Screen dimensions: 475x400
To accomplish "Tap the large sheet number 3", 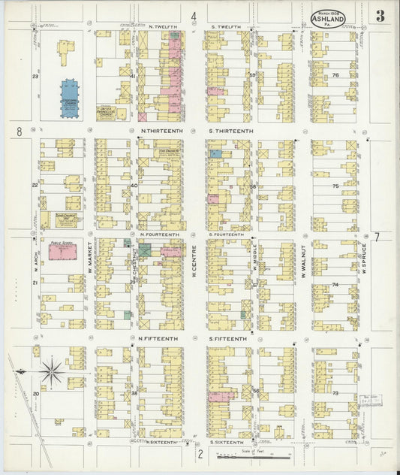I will (x=381, y=17).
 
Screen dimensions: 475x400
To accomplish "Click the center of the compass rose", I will (x=52, y=370).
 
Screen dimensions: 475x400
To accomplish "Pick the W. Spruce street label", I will (x=362, y=259).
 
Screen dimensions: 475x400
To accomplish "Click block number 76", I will (x=335, y=75).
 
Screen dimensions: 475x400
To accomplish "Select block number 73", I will (x=335, y=393).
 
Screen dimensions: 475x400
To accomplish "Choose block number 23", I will (x=35, y=77).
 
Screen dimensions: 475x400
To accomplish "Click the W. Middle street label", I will (x=254, y=259).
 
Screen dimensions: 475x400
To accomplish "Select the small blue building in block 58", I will (x=216, y=153).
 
